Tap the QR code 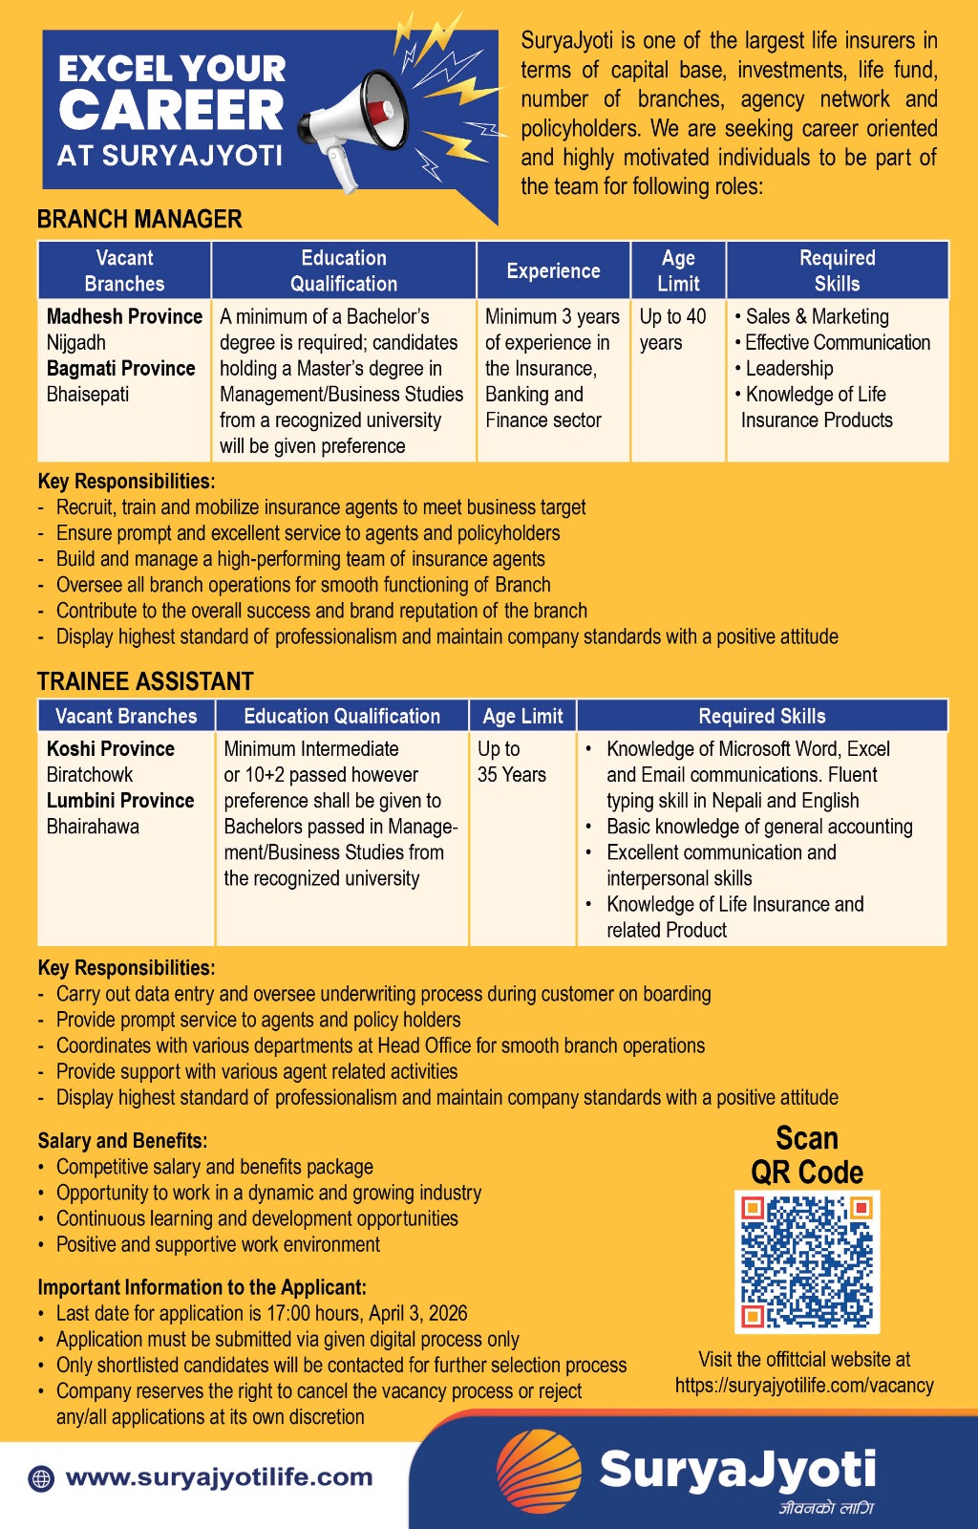[x=807, y=1261]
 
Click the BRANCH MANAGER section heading [x=139, y=220]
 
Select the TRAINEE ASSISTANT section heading [x=145, y=681]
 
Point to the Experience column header [x=553, y=271]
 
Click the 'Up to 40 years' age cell [x=672, y=330]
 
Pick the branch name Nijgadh [x=76, y=342]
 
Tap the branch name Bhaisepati [x=88, y=394]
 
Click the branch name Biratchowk [x=90, y=775]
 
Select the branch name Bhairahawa [x=93, y=827]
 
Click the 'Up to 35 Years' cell [x=511, y=762]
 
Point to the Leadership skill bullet [x=789, y=369]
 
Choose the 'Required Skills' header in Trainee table [x=761, y=716]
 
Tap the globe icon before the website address [x=41, y=1478]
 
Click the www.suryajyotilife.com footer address [x=219, y=1477]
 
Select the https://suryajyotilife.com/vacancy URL [x=804, y=1386]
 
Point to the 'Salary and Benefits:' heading [x=122, y=1141]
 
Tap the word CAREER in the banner [x=172, y=111]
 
